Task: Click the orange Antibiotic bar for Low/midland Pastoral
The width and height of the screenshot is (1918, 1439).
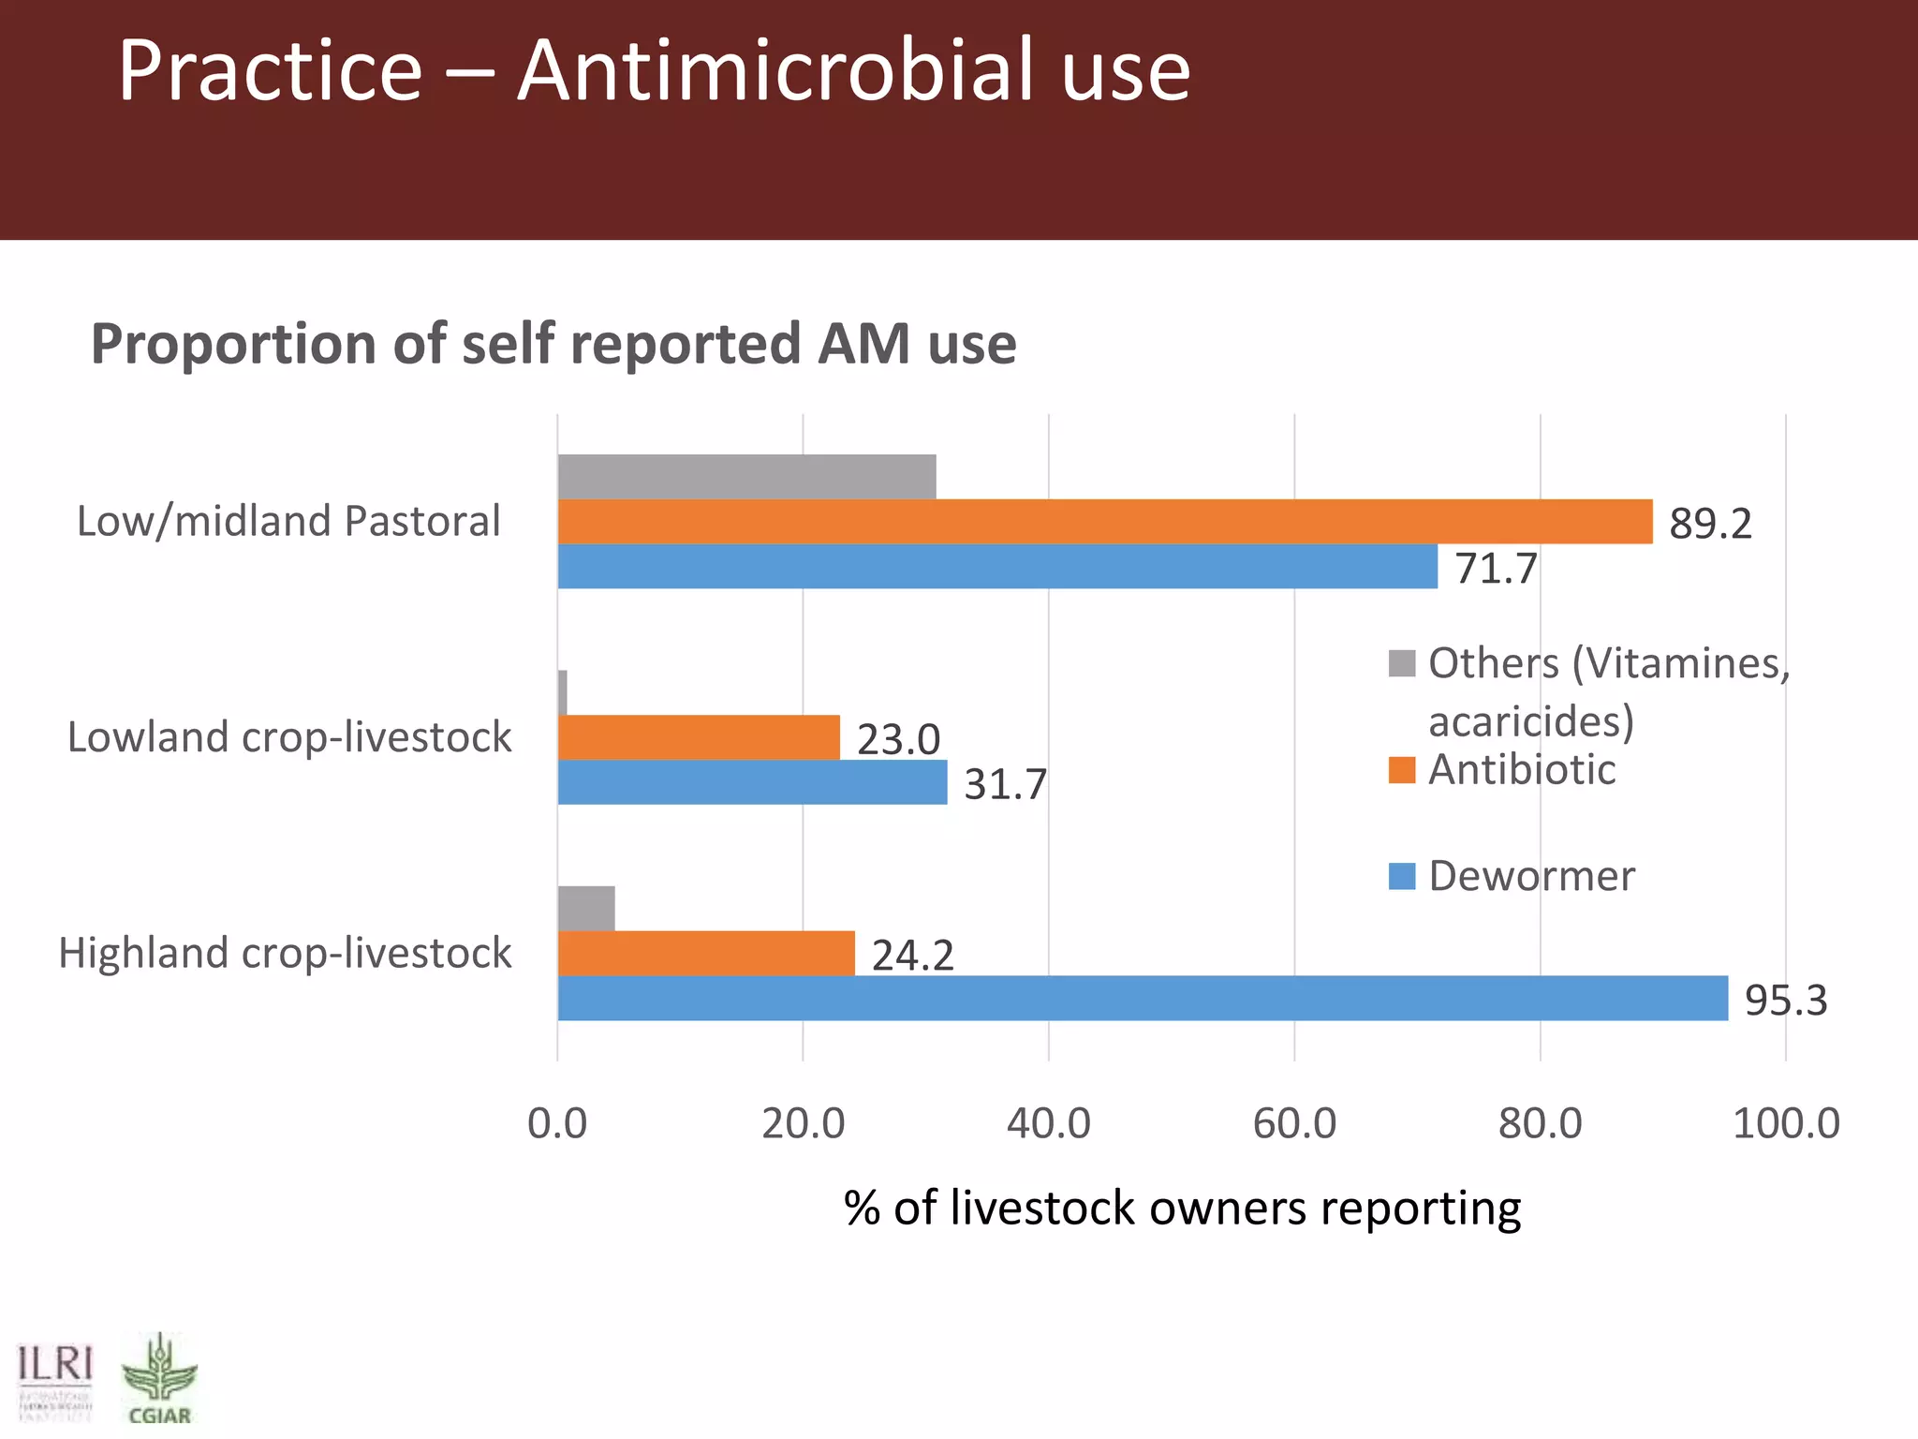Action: (x=1105, y=522)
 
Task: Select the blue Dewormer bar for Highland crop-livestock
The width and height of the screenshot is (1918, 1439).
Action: (x=1143, y=998)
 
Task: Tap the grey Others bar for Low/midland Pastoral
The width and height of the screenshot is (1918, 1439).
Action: (x=746, y=477)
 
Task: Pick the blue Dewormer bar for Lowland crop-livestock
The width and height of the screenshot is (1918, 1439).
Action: (x=752, y=782)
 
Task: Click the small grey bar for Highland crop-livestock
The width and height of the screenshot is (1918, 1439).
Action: (x=586, y=908)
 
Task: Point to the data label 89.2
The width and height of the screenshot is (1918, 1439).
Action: (x=1710, y=524)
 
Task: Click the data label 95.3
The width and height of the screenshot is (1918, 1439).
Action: (x=1786, y=1001)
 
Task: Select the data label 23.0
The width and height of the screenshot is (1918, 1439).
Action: (x=898, y=739)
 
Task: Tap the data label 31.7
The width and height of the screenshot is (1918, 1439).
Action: (x=1005, y=784)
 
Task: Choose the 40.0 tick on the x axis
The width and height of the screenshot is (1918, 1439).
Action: (x=1049, y=1122)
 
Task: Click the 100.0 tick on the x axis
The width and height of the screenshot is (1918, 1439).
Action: (x=1786, y=1122)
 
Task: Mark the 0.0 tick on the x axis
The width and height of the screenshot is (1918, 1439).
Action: (x=557, y=1122)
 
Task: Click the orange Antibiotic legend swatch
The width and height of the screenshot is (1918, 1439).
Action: (x=1402, y=769)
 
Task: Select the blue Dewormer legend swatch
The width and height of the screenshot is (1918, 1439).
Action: (x=1402, y=876)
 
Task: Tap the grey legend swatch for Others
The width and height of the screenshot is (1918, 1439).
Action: (x=1402, y=663)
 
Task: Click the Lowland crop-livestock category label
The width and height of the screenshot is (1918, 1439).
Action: (x=289, y=737)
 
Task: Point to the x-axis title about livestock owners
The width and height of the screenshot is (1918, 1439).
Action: (x=1182, y=1208)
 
